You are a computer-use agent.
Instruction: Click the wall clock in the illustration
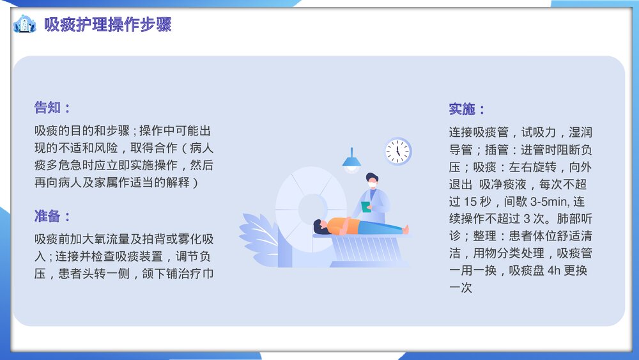click(x=397, y=152)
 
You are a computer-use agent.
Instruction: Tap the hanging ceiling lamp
click(x=351, y=162)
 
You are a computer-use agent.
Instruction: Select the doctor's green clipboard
click(x=366, y=207)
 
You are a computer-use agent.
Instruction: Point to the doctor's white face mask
click(x=371, y=184)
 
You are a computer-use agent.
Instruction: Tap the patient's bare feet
click(x=404, y=229)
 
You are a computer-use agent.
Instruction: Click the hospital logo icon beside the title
click(x=24, y=25)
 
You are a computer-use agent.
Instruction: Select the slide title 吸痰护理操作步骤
click(x=107, y=25)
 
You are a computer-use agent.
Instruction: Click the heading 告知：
click(x=52, y=107)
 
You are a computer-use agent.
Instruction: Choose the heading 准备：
click(x=52, y=216)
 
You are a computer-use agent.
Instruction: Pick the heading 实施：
click(x=467, y=109)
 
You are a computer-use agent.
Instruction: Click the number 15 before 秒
click(x=471, y=201)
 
